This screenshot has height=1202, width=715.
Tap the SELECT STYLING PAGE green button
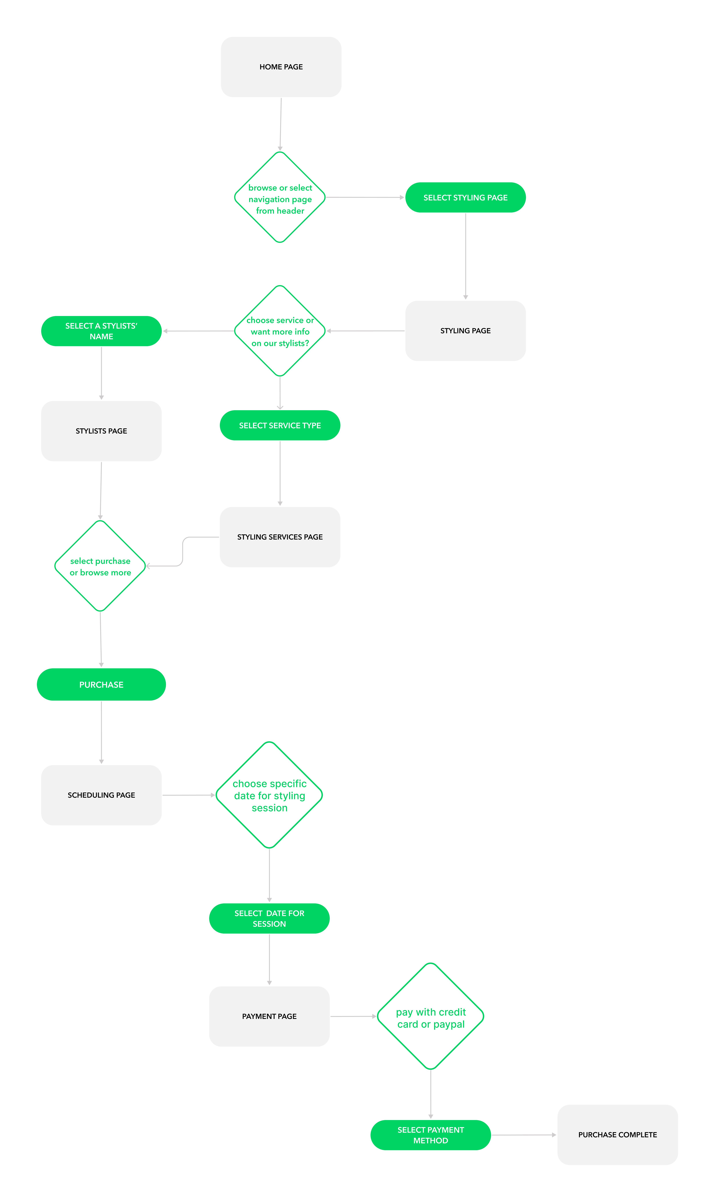(465, 197)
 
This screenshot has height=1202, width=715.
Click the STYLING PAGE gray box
(465, 331)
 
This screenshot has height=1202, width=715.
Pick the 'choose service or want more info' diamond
(280, 331)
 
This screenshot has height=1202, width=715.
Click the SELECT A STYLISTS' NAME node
(101, 331)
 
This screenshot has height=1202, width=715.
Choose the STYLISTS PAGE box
(101, 431)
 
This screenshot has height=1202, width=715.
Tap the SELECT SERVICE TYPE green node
(280, 425)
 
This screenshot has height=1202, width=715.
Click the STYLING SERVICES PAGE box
(280, 537)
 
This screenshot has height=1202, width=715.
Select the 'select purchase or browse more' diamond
(100, 566)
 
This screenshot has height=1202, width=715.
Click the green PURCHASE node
(101, 684)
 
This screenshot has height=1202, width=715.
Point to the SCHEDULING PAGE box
(101, 795)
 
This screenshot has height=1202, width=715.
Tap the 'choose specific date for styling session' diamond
(269, 795)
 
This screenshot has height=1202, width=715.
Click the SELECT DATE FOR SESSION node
(269, 918)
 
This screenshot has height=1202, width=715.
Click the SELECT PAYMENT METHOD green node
(431, 1135)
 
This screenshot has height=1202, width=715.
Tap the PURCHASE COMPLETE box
(618, 1135)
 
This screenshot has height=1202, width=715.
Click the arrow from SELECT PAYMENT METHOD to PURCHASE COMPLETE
(524, 1135)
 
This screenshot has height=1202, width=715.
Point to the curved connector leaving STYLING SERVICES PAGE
(183, 551)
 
